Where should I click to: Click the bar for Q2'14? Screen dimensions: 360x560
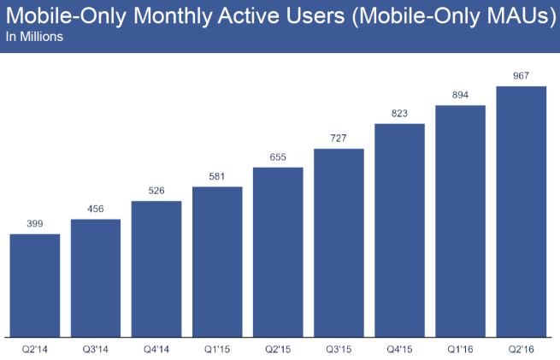pyautogui.click(x=34, y=285)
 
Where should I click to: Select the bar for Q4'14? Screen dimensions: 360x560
pyautogui.click(x=156, y=269)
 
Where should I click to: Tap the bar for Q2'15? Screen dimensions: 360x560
pyautogui.click(x=278, y=251)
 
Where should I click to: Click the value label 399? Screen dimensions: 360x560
pyautogui.click(x=34, y=223)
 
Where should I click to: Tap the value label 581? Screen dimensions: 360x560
pyautogui.click(x=217, y=175)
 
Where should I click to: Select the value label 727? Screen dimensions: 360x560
pyautogui.click(x=339, y=138)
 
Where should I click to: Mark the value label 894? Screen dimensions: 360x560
pyautogui.click(x=461, y=94)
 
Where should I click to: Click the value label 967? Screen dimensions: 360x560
pyautogui.click(x=522, y=75)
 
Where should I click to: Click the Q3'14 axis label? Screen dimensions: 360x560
pyautogui.click(x=96, y=349)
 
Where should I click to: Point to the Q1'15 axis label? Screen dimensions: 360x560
pyautogui.click(x=217, y=349)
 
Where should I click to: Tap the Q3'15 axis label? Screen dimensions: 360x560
pyautogui.click(x=339, y=349)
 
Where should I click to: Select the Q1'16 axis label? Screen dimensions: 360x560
pyautogui.click(x=461, y=349)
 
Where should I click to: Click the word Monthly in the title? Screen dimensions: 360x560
pyautogui.click(x=176, y=18)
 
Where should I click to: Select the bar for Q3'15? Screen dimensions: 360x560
pyautogui.click(x=339, y=243)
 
